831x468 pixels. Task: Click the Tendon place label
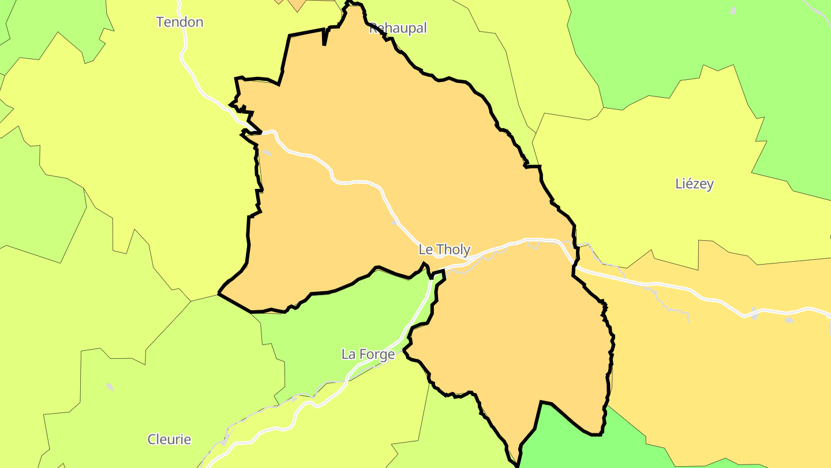pyautogui.click(x=180, y=23)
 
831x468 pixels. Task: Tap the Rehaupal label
pyautogui.click(x=398, y=28)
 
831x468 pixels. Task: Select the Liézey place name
pyautogui.click(x=694, y=184)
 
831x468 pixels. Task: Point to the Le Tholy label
pyautogui.click(x=444, y=250)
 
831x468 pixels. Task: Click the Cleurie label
pyautogui.click(x=169, y=440)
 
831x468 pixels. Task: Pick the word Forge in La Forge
pyautogui.click(x=376, y=354)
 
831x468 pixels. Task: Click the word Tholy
pyautogui.click(x=454, y=250)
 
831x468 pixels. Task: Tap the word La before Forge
pyautogui.click(x=349, y=354)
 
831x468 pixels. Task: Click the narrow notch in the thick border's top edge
pyautogui.click(x=325, y=38)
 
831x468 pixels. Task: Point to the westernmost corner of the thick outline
pyautogui.click(x=219, y=294)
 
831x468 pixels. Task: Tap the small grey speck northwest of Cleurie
pyautogui.click(x=110, y=387)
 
